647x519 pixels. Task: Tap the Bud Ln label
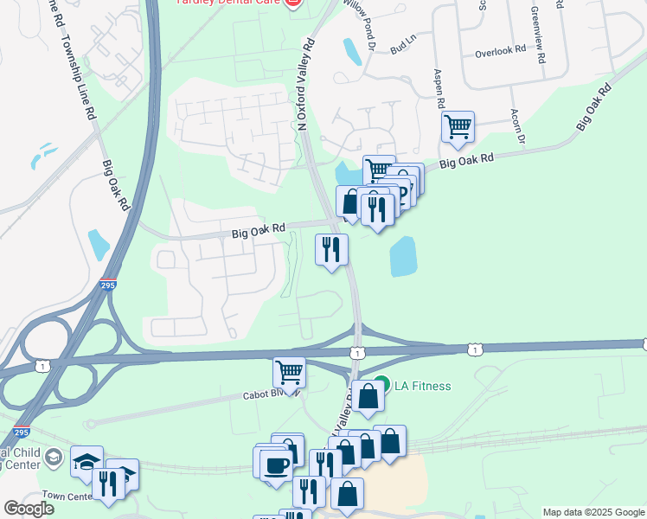[403, 47]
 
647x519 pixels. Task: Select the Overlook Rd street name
[500, 52]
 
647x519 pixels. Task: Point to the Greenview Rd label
[536, 35]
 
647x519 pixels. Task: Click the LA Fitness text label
[423, 386]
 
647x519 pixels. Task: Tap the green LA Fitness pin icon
[382, 385]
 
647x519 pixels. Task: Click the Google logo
[29, 508]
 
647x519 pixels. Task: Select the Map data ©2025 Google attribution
[593, 512]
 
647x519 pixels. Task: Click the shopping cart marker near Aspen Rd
[457, 127]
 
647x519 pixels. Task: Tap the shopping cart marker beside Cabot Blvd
[289, 373]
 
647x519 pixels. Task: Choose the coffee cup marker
[276, 465]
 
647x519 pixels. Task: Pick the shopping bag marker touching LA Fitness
[368, 396]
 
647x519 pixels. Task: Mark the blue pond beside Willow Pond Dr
[352, 52]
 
